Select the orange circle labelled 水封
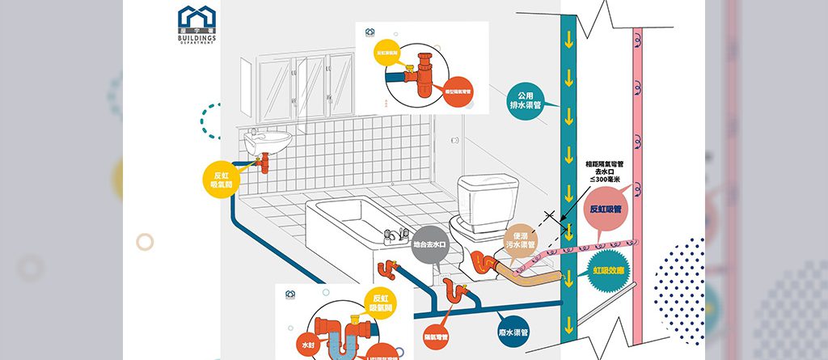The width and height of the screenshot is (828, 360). pos(306,342)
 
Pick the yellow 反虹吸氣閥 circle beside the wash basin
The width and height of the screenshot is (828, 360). pos(222,180)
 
